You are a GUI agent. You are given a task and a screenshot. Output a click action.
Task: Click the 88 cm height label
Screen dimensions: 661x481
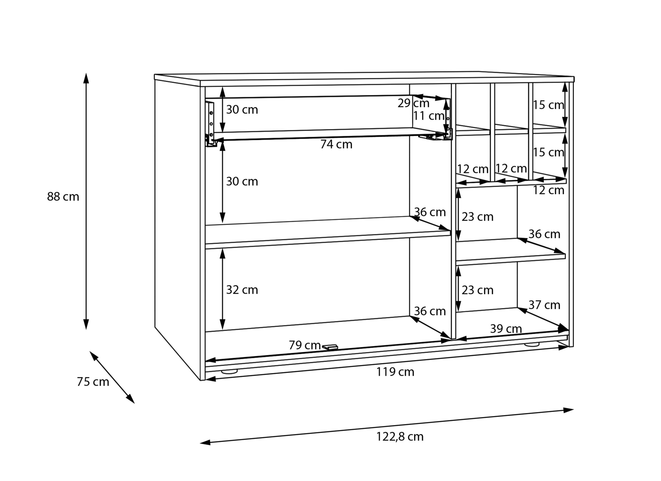pyautogui.click(x=63, y=197)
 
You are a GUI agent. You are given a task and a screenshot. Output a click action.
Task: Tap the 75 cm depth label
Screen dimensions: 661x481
pyautogui.click(x=93, y=382)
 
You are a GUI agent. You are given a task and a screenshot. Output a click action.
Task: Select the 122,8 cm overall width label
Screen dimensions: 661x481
pyautogui.click(x=400, y=437)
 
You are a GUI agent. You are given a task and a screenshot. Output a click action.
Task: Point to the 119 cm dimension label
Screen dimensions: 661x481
pyautogui.click(x=395, y=372)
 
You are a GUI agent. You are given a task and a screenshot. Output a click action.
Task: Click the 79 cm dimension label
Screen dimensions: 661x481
pyautogui.click(x=304, y=345)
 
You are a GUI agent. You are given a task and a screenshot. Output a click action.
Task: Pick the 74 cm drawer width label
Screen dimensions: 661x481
pyautogui.click(x=336, y=144)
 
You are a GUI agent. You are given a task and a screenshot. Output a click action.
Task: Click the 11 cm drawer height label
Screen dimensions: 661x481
pyautogui.click(x=428, y=116)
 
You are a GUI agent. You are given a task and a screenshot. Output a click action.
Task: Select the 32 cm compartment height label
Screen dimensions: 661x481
pyautogui.click(x=242, y=290)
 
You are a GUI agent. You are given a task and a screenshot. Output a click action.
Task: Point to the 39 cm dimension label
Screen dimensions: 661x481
pyautogui.click(x=506, y=329)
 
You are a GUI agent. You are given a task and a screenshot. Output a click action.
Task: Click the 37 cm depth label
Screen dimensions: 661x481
pyautogui.click(x=544, y=305)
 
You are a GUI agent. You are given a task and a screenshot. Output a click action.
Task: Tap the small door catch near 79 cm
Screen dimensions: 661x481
pyautogui.click(x=330, y=347)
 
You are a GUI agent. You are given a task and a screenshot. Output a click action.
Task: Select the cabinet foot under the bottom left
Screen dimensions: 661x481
pyautogui.click(x=229, y=372)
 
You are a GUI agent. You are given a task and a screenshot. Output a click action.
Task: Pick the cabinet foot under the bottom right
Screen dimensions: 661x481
pyautogui.click(x=532, y=344)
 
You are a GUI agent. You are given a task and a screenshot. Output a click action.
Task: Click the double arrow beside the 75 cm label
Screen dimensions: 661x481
pyautogui.click(x=112, y=377)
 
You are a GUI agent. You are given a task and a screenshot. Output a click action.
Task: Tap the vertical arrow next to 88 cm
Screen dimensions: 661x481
pyautogui.click(x=86, y=201)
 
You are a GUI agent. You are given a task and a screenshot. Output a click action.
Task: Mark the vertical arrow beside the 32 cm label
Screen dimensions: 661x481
pyautogui.click(x=222, y=289)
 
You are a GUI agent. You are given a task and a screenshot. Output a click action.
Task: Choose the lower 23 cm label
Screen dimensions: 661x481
pyautogui.click(x=478, y=290)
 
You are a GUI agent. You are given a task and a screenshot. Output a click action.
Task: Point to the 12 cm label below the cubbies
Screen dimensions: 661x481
pyautogui.click(x=549, y=190)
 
